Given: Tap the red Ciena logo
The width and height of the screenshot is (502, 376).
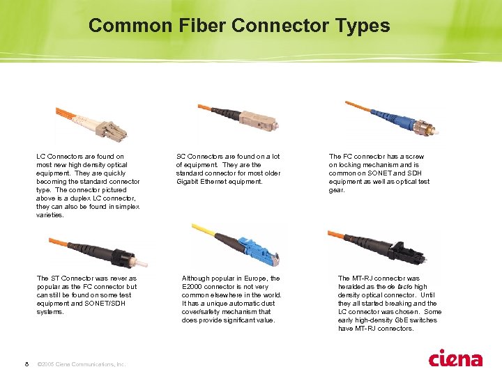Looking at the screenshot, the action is (455, 358).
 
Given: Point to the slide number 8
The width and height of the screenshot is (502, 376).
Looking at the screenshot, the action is (27, 364).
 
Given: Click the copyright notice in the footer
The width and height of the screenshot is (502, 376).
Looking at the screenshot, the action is (82, 364).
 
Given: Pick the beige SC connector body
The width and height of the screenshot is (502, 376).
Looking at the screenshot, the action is (259, 119).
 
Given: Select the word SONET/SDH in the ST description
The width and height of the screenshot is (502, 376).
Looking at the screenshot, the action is (105, 303).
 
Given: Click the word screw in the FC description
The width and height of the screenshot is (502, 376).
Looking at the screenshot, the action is (415, 157).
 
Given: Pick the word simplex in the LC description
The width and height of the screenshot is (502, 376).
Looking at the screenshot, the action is (128, 207).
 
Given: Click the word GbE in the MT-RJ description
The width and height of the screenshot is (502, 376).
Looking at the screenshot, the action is (402, 320).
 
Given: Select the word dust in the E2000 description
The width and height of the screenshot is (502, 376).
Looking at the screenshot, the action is (268, 303).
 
